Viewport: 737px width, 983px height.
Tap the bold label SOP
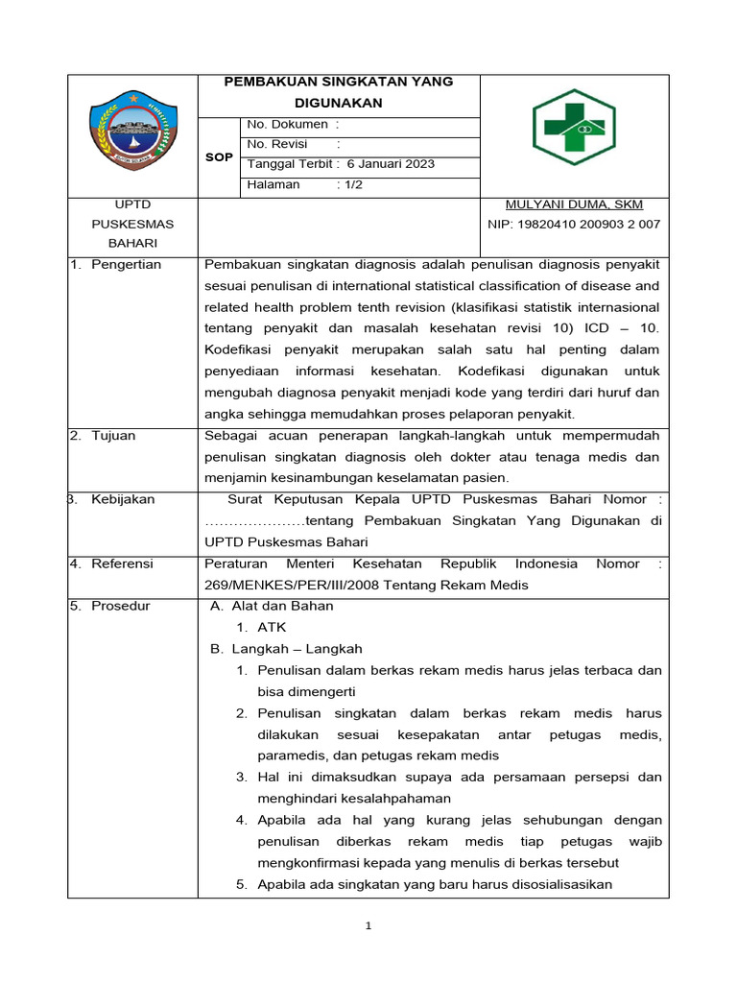coord(219,156)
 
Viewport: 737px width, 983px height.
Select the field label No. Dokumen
coord(287,124)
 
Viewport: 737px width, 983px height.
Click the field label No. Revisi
coord(279,144)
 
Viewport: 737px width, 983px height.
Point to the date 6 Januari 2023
coord(391,164)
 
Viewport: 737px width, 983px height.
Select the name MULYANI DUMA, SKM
coord(574,204)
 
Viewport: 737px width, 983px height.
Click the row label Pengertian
coord(126,265)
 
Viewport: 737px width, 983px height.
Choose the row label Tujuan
coord(113,436)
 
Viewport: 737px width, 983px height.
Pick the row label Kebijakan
coord(123,499)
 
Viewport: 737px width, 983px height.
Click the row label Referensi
coord(122,563)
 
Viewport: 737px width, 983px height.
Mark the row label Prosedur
coord(121,606)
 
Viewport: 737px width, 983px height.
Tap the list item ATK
coord(272,627)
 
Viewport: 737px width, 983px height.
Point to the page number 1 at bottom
coord(368,926)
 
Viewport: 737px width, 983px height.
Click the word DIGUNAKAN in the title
coord(338,102)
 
